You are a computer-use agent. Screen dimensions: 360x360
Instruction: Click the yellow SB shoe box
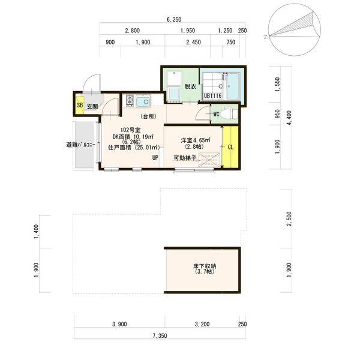(x=80, y=105)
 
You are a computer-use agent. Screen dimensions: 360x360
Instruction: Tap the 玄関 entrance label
(x=92, y=107)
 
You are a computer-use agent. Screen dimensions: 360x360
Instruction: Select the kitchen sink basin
(x=143, y=102)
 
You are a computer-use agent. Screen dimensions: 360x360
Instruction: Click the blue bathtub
(x=233, y=86)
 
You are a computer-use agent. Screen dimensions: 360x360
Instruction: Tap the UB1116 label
(x=213, y=96)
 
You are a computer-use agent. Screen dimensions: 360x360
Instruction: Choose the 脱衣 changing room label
(x=190, y=86)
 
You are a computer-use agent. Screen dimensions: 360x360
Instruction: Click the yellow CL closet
(x=230, y=147)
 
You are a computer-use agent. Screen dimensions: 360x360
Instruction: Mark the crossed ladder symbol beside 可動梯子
(x=209, y=160)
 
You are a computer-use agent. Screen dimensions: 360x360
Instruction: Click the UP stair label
(x=155, y=157)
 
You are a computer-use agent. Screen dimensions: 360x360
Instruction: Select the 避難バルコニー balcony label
(x=80, y=145)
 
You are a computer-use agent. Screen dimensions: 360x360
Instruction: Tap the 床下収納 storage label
(x=205, y=266)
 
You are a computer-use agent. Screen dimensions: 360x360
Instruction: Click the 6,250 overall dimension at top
(x=174, y=20)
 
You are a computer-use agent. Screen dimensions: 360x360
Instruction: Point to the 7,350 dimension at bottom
(x=160, y=336)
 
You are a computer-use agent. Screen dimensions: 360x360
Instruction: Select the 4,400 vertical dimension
(x=289, y=118)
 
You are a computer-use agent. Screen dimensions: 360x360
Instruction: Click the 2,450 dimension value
(x=194, y=42)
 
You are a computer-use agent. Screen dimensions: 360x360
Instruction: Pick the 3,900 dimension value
(x=119, y=324)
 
